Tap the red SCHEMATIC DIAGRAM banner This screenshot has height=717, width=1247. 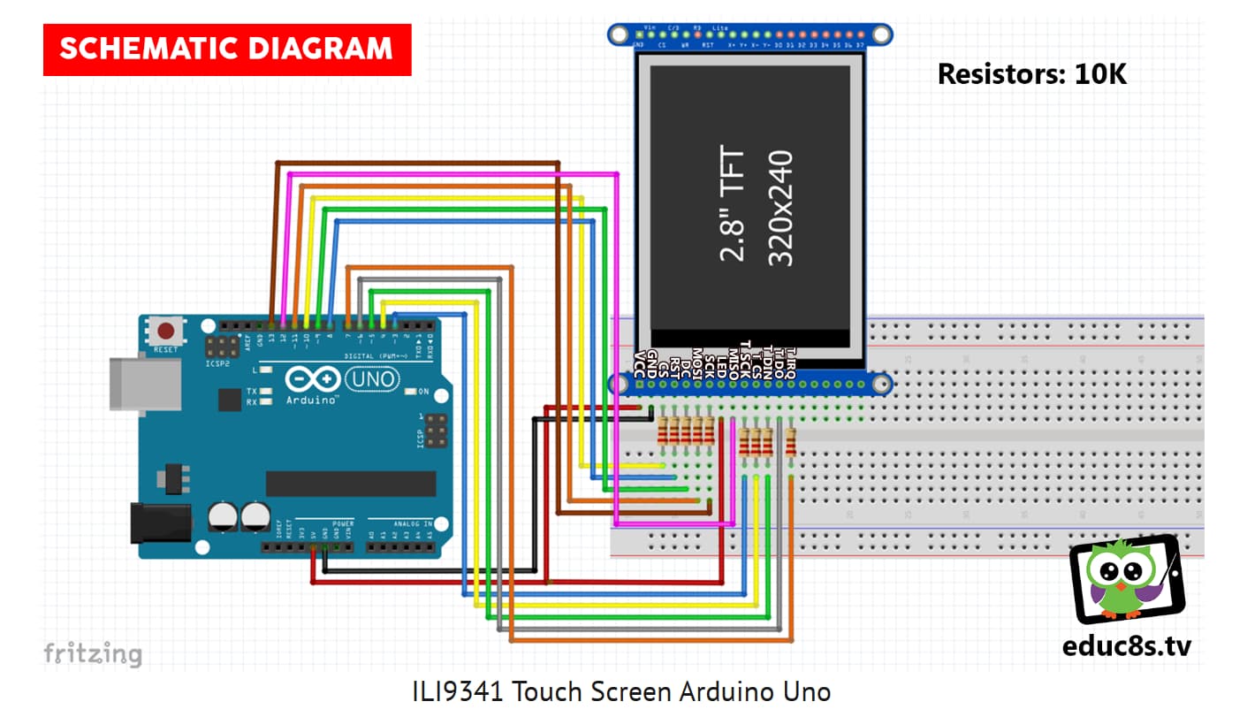[227, 49]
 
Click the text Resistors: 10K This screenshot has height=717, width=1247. [1031, 74]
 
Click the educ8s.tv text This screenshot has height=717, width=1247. [1126, 646]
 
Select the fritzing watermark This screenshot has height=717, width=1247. [93, 654]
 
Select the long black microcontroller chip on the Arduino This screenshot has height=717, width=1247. [351, 484]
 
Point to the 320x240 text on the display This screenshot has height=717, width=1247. [780, 208]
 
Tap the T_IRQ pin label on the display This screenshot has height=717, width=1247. [790, 361]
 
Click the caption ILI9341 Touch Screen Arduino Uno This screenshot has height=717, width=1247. [621, 690]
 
